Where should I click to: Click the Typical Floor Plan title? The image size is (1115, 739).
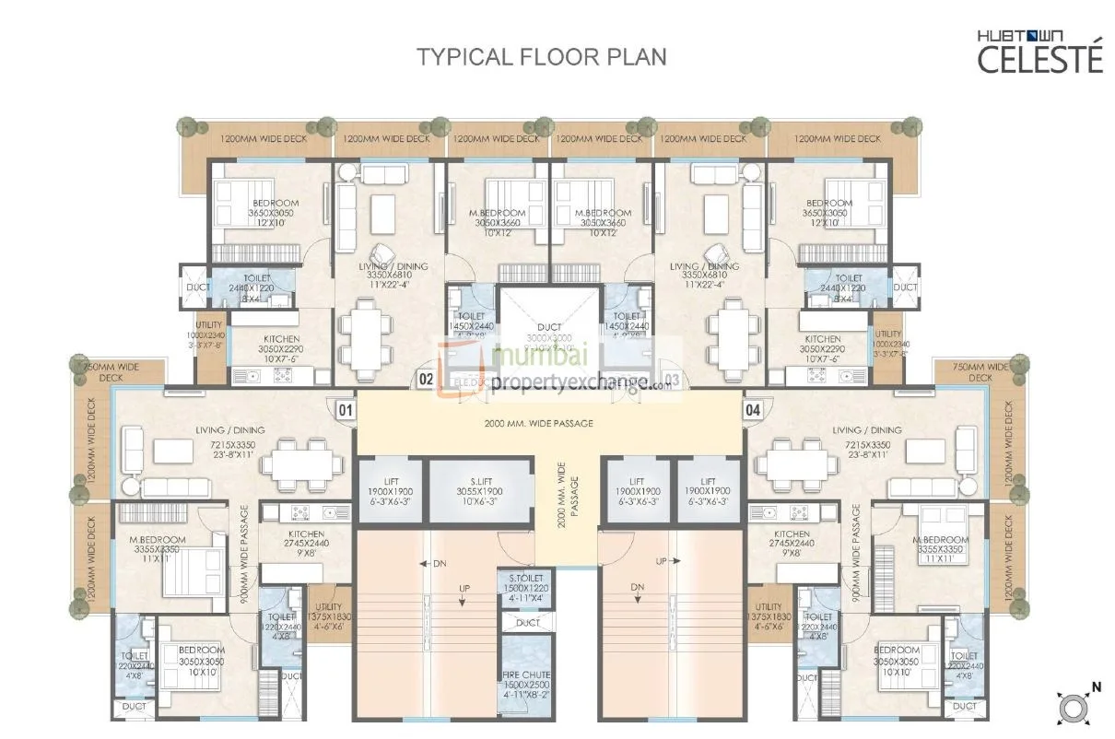point(541,56)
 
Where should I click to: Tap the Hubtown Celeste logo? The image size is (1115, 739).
point(1039,52)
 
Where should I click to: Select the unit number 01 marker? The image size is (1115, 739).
point(345,410)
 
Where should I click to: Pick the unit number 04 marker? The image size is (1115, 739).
point(753,410)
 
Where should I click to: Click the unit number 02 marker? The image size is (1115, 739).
point(426,379)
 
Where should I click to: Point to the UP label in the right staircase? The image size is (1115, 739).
point(661,561)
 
